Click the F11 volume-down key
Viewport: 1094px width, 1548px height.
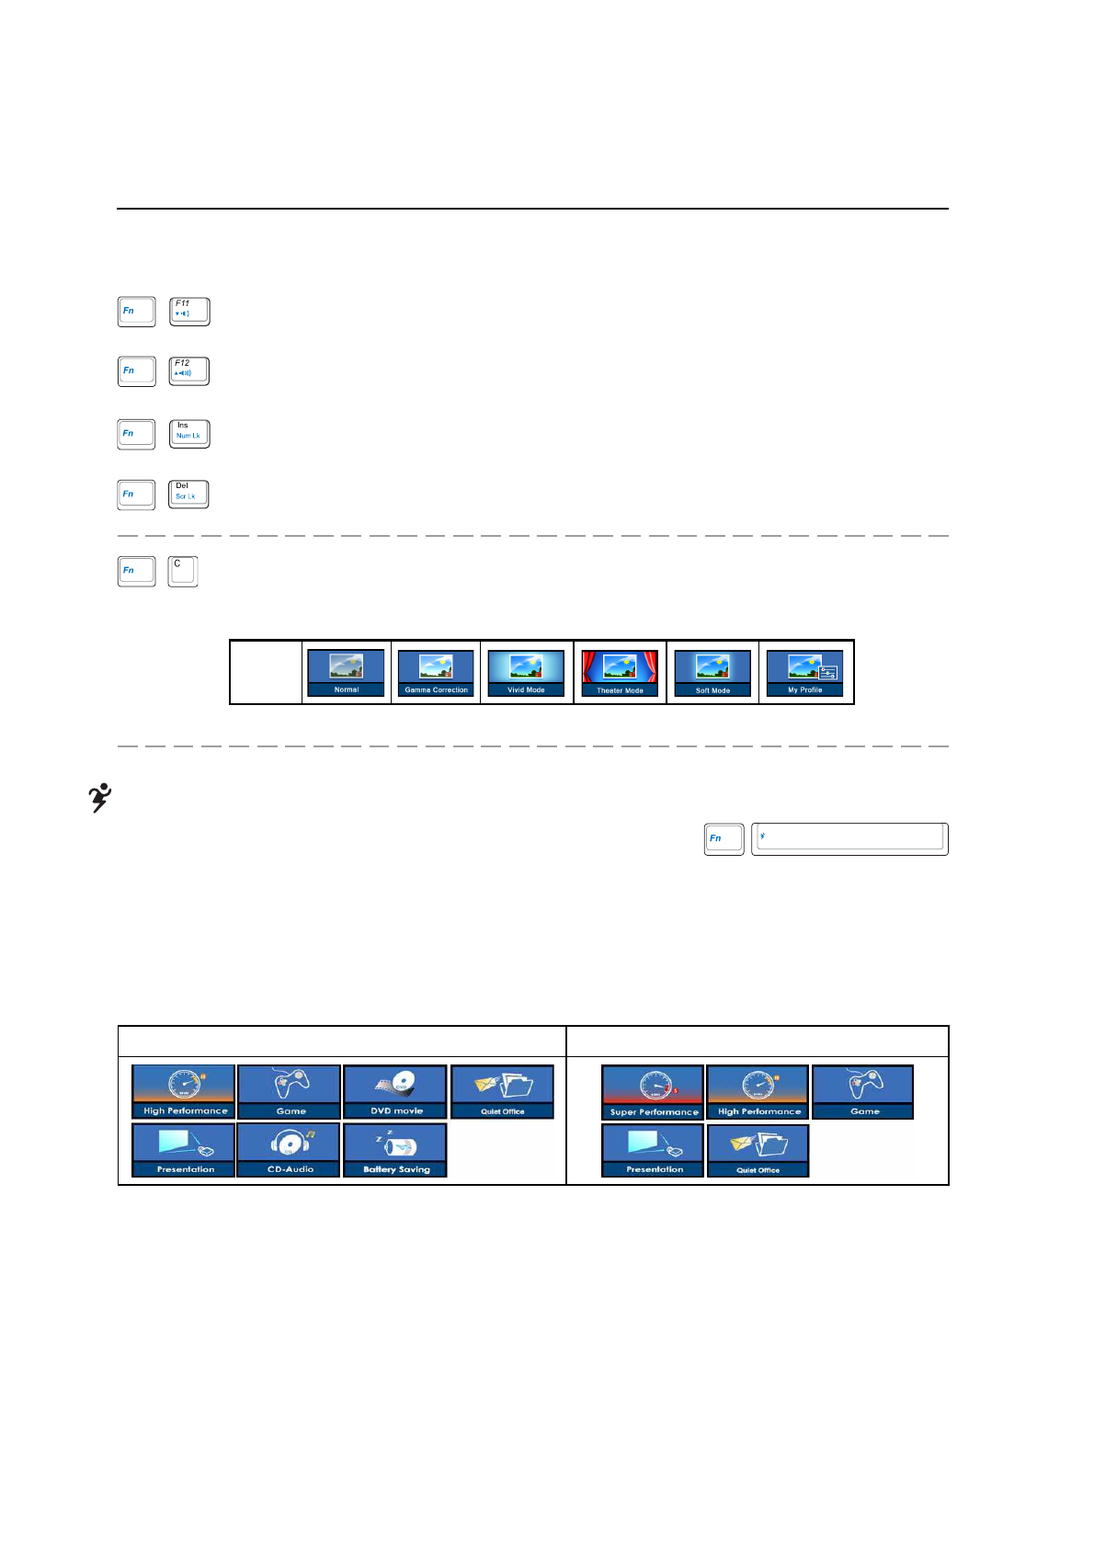click(189, 312)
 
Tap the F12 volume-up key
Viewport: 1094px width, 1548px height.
click(189, 371)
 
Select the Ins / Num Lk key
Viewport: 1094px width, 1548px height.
click(189, 434)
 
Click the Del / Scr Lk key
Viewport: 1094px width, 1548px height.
click(188, 495)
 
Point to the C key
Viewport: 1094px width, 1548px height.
click(183, 571)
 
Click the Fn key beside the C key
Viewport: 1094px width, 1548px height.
click(136, 571)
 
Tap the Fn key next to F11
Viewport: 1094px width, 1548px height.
click(136, 312)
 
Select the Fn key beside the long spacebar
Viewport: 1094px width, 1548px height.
click(724, 838)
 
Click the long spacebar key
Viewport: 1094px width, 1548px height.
click(849, 838)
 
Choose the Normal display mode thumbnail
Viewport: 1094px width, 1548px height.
click(346, 673)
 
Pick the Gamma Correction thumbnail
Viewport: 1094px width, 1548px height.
click(436, 673)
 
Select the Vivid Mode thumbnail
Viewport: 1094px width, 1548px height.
click(526, 673)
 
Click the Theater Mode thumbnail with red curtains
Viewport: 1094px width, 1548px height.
click(620, 673)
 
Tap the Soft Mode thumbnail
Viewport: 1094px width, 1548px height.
click(712, 673)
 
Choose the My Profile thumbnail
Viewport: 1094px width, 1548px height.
click(804, 673)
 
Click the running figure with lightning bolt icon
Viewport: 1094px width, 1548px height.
click(99, 797)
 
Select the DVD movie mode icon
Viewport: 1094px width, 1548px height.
click(395, 1091)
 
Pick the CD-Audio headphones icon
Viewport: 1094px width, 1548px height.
click(290, 1149)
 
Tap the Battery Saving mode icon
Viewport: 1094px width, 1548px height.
click(395, 1149)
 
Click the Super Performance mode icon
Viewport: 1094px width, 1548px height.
click(653, 1092)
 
